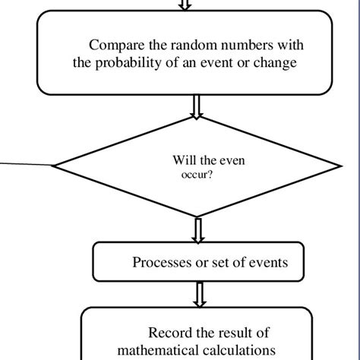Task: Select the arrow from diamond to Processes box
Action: tap(198, 229)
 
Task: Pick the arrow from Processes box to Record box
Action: tap(199, 293)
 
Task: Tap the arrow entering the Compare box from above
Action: tap(184, 5)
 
